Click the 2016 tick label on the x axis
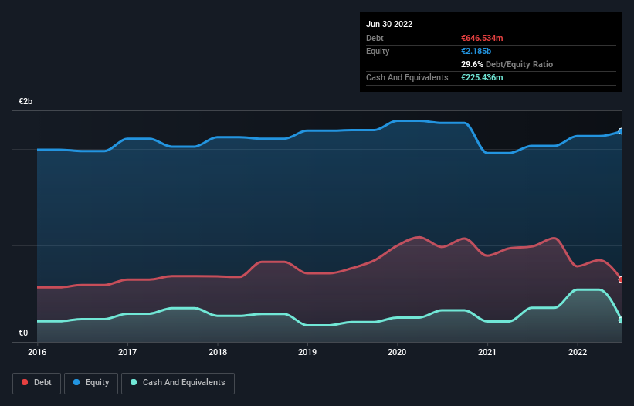(x=37, y=352)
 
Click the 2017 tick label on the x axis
(x=127, y=352)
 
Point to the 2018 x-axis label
(x=218, y=352)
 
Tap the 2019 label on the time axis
(x=307, y=352)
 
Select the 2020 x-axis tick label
(x=398, y=352)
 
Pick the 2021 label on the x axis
(x=487, y=352)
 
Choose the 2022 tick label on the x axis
(x=578, y=352)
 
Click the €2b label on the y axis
(x=26, y=102)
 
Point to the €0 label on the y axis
(x=23, y=333)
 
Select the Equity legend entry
(x=92, y=383)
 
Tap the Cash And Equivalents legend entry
(x=178, y=383)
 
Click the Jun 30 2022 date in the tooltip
(x=389, y=24)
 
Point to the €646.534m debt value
(x=483, y=38)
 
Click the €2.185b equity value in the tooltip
(x=477, y=51)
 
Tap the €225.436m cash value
(x=483, y=77)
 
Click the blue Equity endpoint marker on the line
(x=621, y=131)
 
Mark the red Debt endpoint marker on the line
(x=621, y=279)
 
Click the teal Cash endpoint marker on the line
(x=621, y=320)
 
